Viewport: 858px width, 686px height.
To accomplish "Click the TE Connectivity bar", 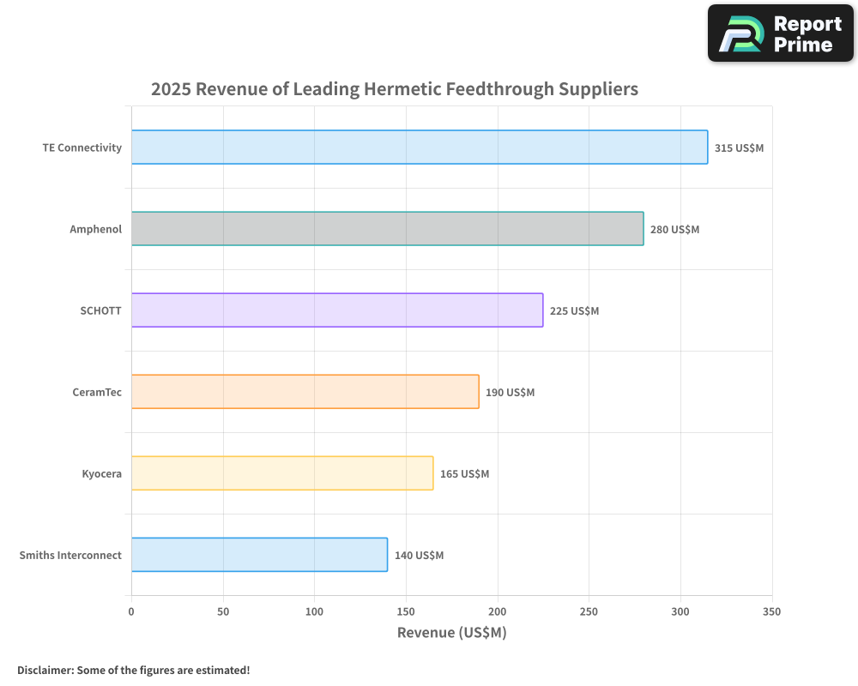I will (x=420, y=147).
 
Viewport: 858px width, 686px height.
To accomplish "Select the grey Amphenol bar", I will (x=387, y=229).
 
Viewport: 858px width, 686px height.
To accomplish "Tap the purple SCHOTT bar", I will (x=337, y=310).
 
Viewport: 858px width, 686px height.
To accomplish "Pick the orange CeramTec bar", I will (x=305, y=392).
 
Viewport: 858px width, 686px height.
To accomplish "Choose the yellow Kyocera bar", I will (x=282, y=473).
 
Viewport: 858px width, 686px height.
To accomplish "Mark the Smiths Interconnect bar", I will (x=259, y=555).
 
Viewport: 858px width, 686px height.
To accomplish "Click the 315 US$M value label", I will (x=739, y=148).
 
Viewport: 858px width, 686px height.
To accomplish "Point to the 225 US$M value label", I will (x=574, y=311).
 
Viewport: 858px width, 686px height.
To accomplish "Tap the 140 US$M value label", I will (x=419, y=556).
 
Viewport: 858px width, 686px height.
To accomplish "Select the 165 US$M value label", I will (x=464, y=474).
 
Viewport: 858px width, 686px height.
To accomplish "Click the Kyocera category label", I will (x=101, y=473).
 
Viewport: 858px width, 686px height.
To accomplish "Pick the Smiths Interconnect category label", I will (x=70, y=555).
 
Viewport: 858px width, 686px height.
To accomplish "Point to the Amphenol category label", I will (x=96, y=229).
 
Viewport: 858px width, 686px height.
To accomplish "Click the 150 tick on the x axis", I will (x=406, y=611).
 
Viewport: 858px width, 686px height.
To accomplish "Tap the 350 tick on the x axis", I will (x=771, y=611).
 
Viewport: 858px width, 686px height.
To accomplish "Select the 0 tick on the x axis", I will (x=131, y=611).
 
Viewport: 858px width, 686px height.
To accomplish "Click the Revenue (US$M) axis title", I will (x=451, y=633).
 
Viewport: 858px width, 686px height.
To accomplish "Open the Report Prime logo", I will (x=780, y=33).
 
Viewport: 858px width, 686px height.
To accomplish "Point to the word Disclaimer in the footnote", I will (x=45, y=670).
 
